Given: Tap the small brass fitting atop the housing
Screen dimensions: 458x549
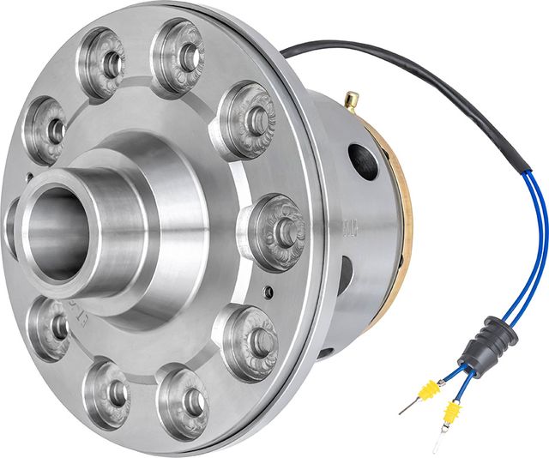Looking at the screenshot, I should [x=350, y=101].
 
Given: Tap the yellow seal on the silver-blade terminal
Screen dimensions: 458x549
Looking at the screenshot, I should [x=447, y=416].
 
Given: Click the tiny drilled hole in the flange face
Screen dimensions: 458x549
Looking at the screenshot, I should [x=268, y=292].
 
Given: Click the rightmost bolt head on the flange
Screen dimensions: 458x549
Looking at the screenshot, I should [x=276, y=230].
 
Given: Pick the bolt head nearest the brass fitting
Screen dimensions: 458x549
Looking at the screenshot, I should [x=250, y=120].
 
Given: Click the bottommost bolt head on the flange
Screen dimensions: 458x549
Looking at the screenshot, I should [x=184, y=401].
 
